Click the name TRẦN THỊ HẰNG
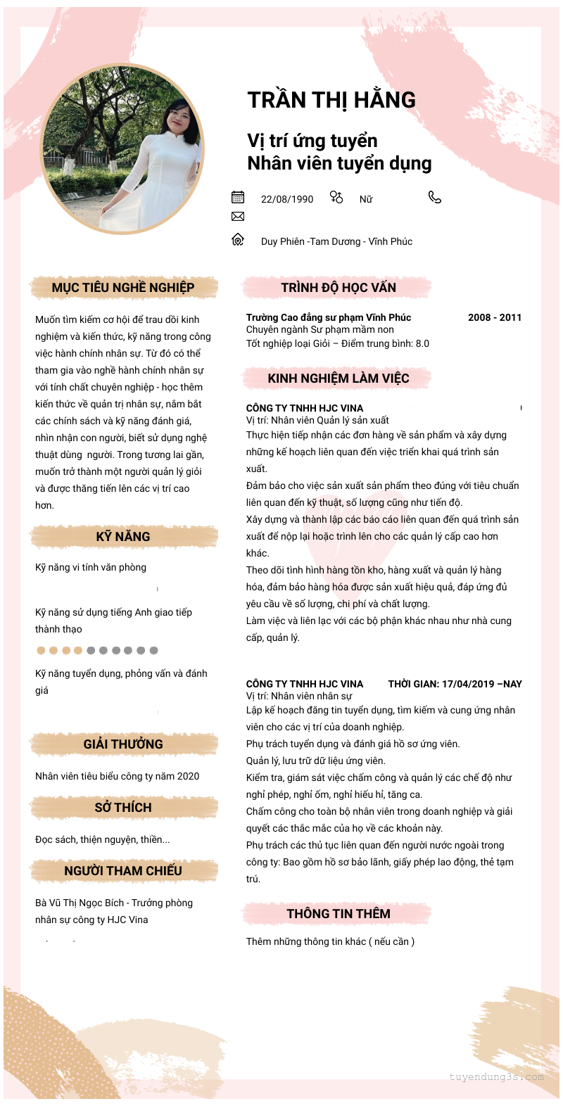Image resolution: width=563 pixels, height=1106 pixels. [331, 100]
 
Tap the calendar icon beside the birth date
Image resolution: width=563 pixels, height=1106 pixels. [238, 197]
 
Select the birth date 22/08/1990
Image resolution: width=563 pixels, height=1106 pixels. [287, 199]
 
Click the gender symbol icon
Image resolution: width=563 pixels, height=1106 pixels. [336, 197]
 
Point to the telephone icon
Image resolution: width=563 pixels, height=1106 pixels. [435, 197]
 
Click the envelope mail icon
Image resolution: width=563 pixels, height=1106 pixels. [238, 217]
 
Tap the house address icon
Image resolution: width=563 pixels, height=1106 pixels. [238, 240]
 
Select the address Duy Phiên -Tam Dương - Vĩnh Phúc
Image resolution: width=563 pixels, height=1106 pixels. [336, 241]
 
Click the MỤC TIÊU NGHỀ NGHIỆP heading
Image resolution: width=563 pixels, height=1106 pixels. [123, 287]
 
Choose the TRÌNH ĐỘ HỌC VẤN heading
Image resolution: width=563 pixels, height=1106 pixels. [339, 287]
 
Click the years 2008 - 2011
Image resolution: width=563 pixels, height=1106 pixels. [495, 317]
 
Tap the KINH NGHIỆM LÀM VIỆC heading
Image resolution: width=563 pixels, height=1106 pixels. [339, 378]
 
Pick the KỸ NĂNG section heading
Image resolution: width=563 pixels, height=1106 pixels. [123, 536]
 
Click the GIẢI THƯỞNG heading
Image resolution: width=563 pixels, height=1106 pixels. [123, 744]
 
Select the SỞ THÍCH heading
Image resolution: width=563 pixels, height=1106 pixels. [123, 807]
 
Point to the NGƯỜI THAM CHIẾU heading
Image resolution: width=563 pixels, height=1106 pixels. [123, 870]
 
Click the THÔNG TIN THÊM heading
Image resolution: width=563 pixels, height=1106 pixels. [339, 913]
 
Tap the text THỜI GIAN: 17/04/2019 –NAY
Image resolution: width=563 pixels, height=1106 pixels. [455, 684]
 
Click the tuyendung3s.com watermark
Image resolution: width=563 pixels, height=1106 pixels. [496, 1076]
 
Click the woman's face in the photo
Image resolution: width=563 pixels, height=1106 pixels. [175, 117]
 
